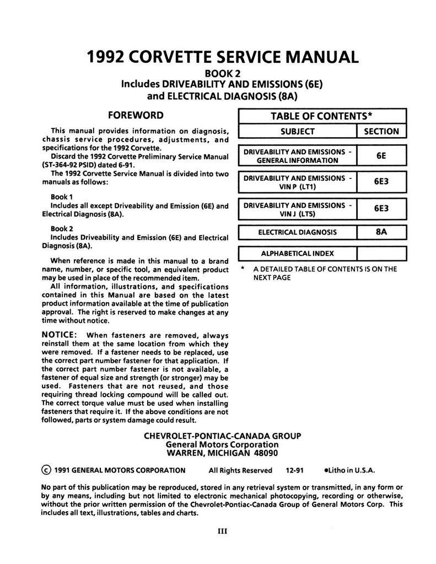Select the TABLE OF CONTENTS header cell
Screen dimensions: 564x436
(x=322, y=116)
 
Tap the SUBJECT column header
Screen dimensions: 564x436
(x=297, y=132)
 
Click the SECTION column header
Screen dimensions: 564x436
(x=381, y=132)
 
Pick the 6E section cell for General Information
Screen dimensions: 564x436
(x=381, y=156)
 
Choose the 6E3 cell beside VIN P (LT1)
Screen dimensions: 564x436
(x=381, y=180)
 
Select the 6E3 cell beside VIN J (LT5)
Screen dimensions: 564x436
(x=381, y=209)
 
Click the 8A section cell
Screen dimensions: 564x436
(x=381, y=232)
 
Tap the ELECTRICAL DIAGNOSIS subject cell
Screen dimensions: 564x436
(x=297, y=232)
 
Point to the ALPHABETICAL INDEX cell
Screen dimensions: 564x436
(x=297, y=254)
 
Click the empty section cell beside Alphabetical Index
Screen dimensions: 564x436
(x=381, y=254)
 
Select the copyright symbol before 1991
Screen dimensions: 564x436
(x=46, y=470)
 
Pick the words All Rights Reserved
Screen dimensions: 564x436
(x=240, y=470)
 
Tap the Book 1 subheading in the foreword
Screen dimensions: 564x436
(x=61, y=197)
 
